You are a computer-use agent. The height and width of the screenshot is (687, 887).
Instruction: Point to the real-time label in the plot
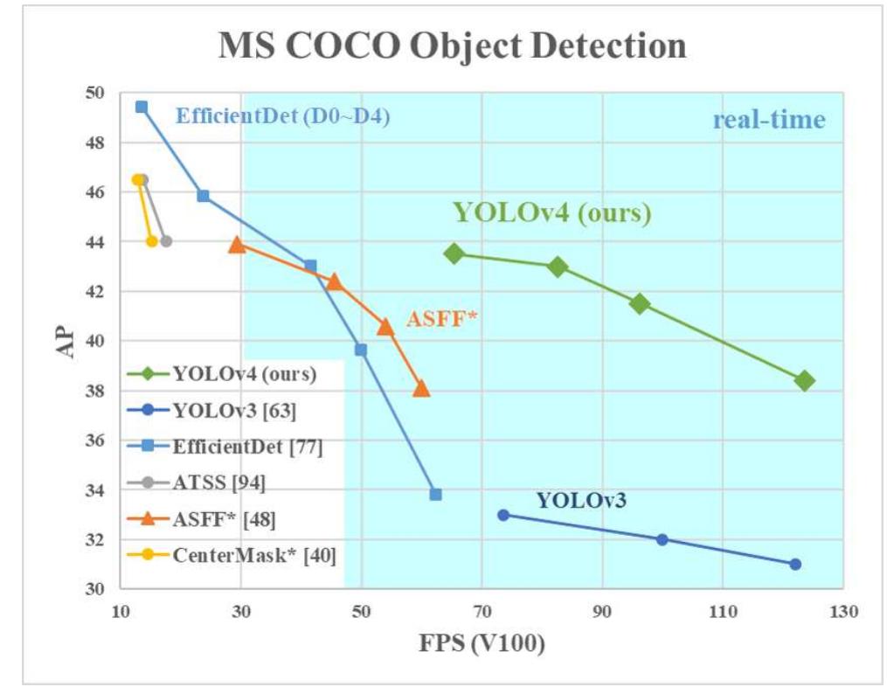[768, 120]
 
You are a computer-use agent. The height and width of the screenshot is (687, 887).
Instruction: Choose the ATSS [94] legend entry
[218, 482]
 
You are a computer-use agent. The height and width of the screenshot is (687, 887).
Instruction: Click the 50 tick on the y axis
[94, 93]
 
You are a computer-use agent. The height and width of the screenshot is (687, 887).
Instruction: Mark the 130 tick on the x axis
[842, 611]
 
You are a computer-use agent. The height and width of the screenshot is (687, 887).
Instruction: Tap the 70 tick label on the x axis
[482, 611]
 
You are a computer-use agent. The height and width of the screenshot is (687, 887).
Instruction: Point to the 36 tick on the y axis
[94, 441]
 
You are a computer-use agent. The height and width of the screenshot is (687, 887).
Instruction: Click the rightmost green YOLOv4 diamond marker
[805, 380]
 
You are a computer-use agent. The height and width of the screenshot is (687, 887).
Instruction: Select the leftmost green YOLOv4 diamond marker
[454, 253]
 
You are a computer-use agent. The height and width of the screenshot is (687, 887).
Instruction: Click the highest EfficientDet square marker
[142, 107]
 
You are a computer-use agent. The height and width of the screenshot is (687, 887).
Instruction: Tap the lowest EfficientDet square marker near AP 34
[435, 495]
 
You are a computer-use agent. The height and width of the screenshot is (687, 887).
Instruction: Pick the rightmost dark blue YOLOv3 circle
[794, 564]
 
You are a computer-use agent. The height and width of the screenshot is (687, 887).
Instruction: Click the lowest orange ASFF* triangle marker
[421, 388]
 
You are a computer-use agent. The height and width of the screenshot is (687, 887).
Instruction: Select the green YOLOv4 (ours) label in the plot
[551, 212]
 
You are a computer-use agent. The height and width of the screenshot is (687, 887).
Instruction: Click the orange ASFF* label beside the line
[442, 320]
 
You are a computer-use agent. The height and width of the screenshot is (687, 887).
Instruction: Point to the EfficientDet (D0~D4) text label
[282, 115]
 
